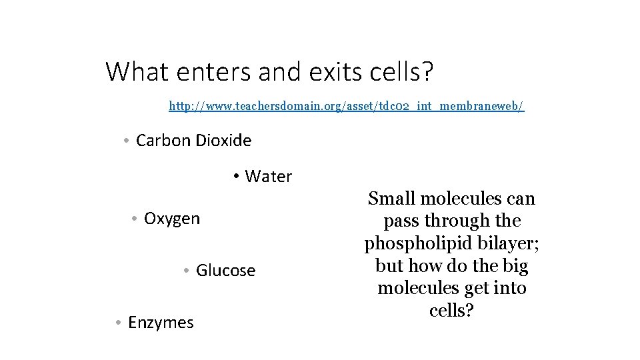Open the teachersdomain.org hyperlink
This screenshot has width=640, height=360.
click(x=346, y=106)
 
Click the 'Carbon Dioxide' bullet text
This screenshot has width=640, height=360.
click(x=193, y=141)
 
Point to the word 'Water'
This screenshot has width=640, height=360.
click(x=269, y=177)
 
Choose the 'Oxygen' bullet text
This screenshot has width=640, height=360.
click(x=171, y=219)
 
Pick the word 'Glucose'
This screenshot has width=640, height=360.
click(x=225, y=271)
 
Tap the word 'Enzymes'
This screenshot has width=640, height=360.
click(x=161, y=323)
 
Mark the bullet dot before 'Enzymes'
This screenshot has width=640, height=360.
click(x=117, y=323)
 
